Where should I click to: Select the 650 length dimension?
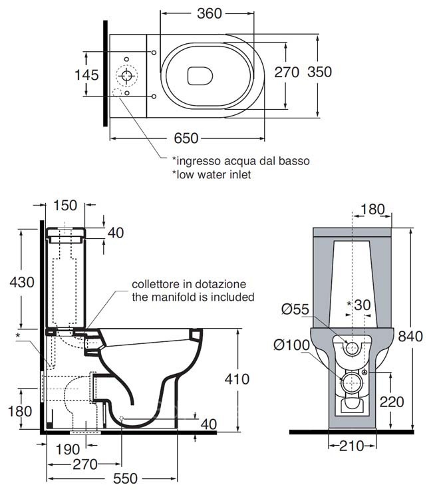pyautogui.click(x=186, y=138)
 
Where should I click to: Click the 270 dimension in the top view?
pyautogui.click(x=287, y=73)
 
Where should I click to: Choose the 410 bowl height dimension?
pyautogui.click(x=236, y=379)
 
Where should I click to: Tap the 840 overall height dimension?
pyautogui.click(x=410, y=336)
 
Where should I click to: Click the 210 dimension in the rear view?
pyautogui.click(x=351, y=446)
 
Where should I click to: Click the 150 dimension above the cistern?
pyautogui.click(x=65, y=205)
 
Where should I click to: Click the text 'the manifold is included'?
pyautogui.click(x=193, y=297)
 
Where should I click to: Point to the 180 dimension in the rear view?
pyautogui.click(x=372, y=210)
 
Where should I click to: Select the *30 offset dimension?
pyautogui.click(x=360, y=304)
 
